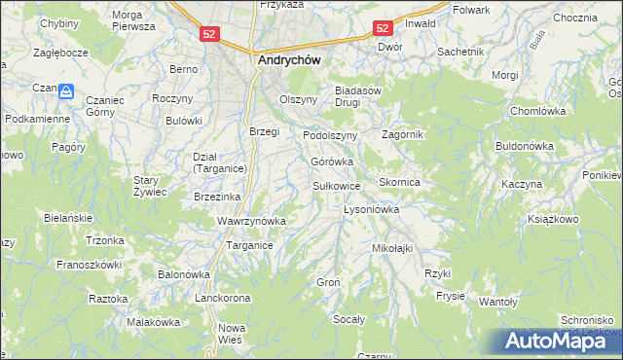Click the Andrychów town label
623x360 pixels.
click(x=289, y=58)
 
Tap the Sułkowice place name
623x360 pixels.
click(x=337, y=185)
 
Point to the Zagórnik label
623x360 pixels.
click(x=402, y=134)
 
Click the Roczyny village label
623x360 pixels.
click(x=172, y=99)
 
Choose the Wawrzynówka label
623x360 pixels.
click(x=251, y=221)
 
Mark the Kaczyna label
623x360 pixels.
click(x=521, y=184)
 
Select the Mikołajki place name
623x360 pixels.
click(x=392, y=248)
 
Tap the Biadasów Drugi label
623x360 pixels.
click(x=362, y=98)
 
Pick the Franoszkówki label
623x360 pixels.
click(x=89, y=264)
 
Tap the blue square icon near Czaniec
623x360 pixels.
click(x=66, y=91)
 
